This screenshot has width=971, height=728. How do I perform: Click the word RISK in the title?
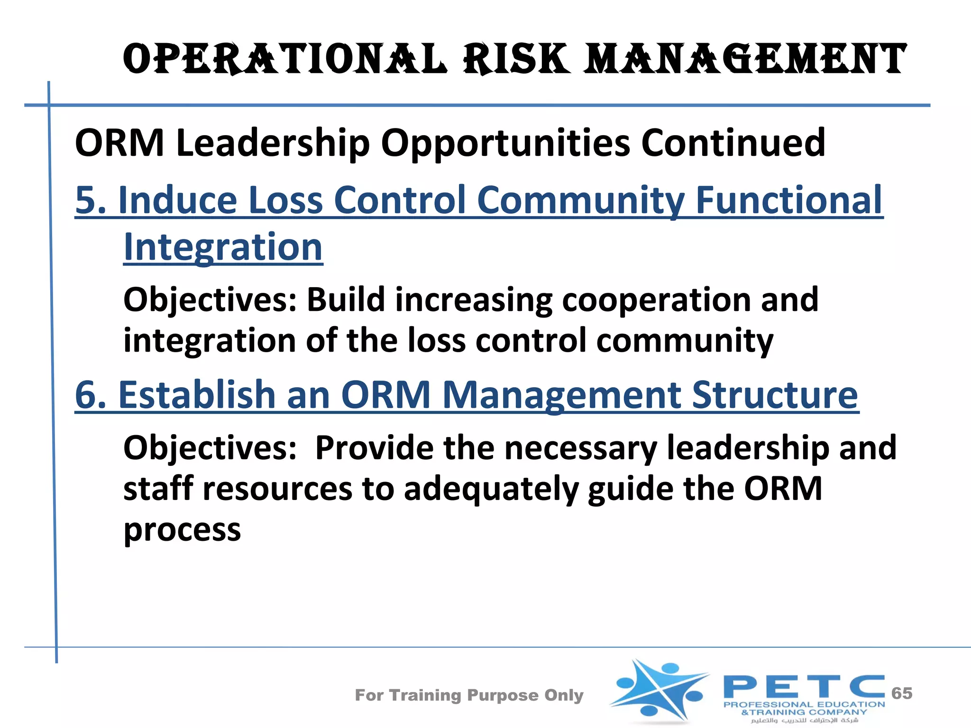pyautogui.click(x=517, y=59)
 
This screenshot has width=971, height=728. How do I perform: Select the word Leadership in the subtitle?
pyautogui.click(x=273, y=143)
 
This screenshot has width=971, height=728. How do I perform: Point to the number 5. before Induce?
pyautogui.click(x=91, y=200)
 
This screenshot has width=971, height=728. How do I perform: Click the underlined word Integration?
pyautogui.click(x=223, y=247)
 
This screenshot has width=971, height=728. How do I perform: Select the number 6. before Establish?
pyautogui.click(x=91, y=395)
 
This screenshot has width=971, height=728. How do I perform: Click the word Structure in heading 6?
pyautogui.click(x=775, y=395)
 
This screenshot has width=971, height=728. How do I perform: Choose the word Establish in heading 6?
pyautogui.click(x=197, y=395)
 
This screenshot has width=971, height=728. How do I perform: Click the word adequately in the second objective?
pyautogui.click(x=491, y=489)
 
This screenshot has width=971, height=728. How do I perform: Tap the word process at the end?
pyautogui.click(x=182, y=530)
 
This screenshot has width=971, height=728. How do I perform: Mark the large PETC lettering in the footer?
pyautogui.click(x=804, y=687)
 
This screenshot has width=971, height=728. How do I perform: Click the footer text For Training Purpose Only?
pyautogui.click(x=469, y=695)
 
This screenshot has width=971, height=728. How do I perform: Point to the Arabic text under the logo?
pyautogui.click(x=805, y=720)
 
